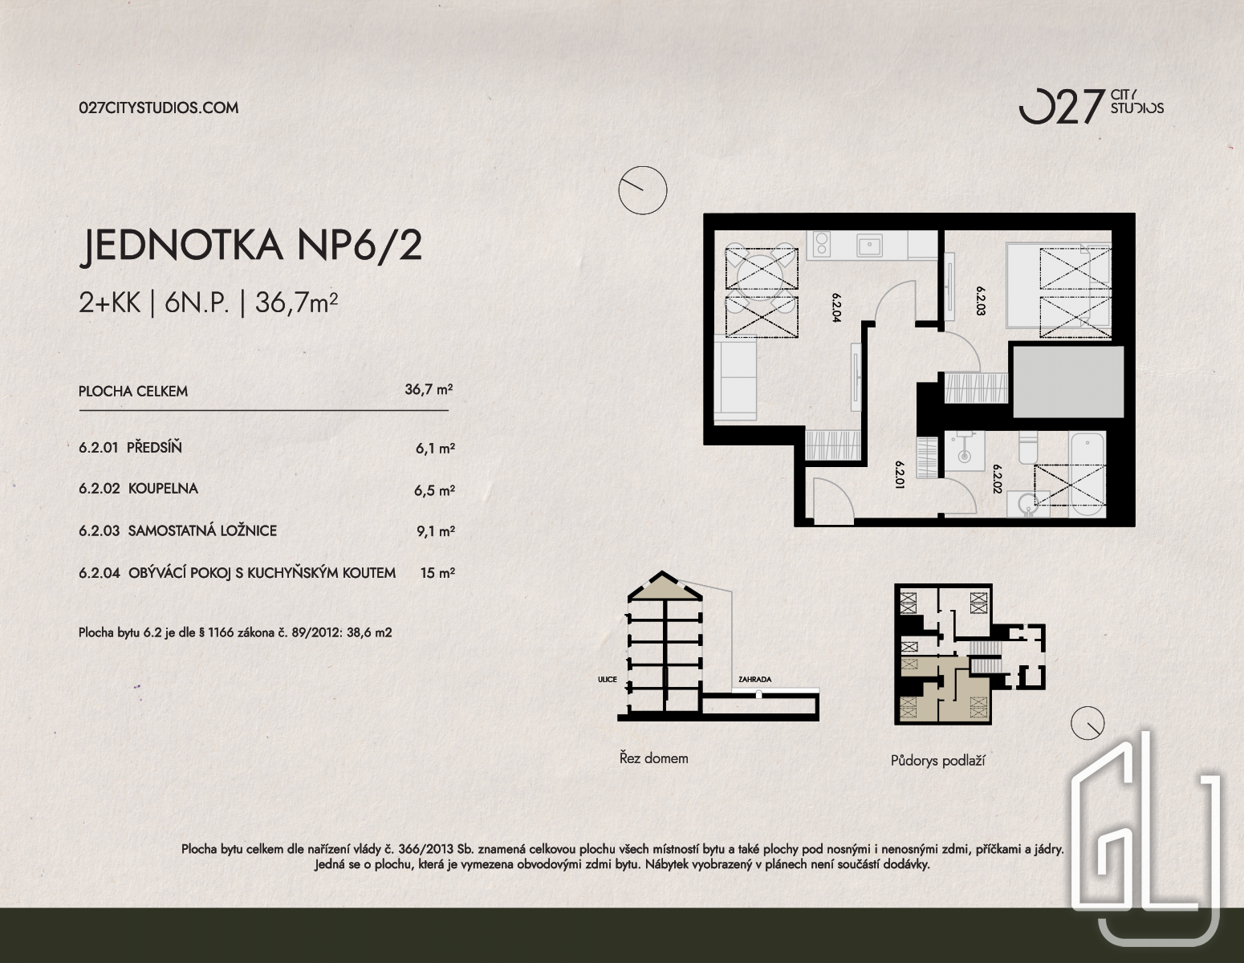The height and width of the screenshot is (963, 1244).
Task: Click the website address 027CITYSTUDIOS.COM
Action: pyautogui.click(x=159, y=108)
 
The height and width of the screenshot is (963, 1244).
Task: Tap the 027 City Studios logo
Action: pyautogui.click(x=1091, y=107)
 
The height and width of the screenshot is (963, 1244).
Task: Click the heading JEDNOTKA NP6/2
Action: pyautogui.click(x=250, y=246)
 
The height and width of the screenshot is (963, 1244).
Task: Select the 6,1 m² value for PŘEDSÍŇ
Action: pyautogui.click(x=435, y=448)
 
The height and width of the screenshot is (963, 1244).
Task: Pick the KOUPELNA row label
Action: pyautogui.click(x=163, y=489)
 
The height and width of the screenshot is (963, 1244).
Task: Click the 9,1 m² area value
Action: pyautogui.click(x=436, y=531)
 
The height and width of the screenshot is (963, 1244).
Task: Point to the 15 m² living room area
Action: pyautogui.click(x=437, y=573)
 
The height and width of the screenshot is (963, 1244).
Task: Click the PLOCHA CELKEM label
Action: pyautogui.click(x=132, y=392)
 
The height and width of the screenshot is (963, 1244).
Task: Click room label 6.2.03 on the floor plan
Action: pyautogui.click(x=980, y=301)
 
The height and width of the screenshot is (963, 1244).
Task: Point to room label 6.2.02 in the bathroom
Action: pyautogui.click(x=998, y=478)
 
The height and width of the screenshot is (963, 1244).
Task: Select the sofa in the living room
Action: pyautogui.click(x=735, y=378)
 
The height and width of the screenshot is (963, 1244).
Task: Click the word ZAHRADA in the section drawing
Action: pyautogui.click(x=754, y=679)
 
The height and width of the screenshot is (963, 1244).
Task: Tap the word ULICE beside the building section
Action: pyautogui.click(x=608, y=679)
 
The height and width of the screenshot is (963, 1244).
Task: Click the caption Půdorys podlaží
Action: pyautogui.click(x=937, y=761)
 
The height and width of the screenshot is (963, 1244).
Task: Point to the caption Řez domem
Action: pyautogui.click(x=654, y=758)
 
